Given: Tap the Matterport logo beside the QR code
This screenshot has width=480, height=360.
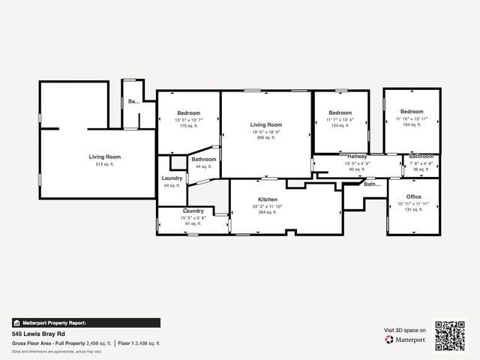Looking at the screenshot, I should point(406,340).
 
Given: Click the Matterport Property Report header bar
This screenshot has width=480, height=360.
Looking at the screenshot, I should point(85,322).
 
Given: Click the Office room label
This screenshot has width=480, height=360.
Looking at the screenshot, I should point(414,197).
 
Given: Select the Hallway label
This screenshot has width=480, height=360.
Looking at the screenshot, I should point(356,156).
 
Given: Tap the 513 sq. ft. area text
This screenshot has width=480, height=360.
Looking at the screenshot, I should point(105,163).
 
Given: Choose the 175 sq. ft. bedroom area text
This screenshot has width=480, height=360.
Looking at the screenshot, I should point(187,126).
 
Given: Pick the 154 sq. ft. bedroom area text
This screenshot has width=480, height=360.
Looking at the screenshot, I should point(340,125).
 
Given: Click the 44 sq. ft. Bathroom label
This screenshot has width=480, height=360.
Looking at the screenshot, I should point(203,159).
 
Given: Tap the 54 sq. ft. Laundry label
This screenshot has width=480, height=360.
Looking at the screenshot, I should point(172,178).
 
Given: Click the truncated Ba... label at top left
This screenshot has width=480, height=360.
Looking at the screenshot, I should point(133,101).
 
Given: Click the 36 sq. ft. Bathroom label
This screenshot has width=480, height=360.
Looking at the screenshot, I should point(421,156).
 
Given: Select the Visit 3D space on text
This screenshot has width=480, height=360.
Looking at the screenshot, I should point(405,330).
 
